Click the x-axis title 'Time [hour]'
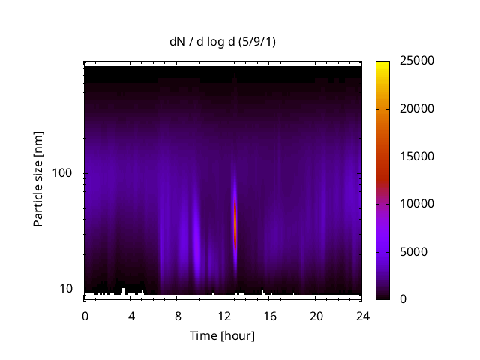pyautogui.click(x=222, y=335)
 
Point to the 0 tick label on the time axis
pyautogui.click(x=85, y=316)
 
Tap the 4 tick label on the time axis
pyautogui.click(x=131, y=316)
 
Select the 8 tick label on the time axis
pyautogui.click(x=178, y=316)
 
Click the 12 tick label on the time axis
pyautogui.click(x=223, y=316)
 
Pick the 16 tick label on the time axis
pyautogui.click(x=270, y=316)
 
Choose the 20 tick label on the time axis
pyautogui.click(x=316, y=316)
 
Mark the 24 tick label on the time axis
pyautogui.click(x=362, y=316)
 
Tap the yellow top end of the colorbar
pyautogui.click(x=382, y=64)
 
